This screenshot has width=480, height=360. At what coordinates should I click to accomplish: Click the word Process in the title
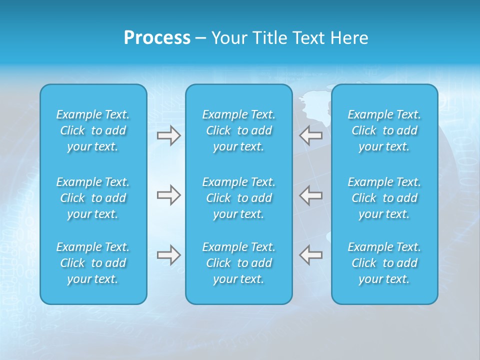click(157, 38)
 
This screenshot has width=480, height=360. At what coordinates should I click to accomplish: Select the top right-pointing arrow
click(168, 135)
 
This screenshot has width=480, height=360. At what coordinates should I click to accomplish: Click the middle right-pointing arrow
click(168, 195)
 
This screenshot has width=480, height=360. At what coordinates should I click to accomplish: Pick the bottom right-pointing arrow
click(168, 255)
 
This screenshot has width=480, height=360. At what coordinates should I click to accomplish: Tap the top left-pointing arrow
click(311, 135)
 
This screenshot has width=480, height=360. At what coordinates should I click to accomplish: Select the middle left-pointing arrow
click(311, 195)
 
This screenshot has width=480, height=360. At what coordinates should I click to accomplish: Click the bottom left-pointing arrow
click(311, 255)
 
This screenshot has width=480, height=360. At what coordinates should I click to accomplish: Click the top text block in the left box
click(93, 130)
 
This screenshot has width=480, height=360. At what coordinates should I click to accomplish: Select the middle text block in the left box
click(93, 198)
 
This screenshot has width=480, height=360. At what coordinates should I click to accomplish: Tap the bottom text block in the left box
click(93, 263)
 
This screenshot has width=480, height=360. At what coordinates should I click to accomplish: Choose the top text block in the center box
click(239, 130)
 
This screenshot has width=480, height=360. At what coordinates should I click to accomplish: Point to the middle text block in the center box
click(239, 198)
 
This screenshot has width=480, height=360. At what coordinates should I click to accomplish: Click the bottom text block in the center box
click(239, 263)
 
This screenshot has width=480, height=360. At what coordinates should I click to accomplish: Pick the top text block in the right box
click(384, 130)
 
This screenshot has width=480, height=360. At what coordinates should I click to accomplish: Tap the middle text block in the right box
click(384, 198)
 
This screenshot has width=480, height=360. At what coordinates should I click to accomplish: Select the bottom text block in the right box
click(384, 263)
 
